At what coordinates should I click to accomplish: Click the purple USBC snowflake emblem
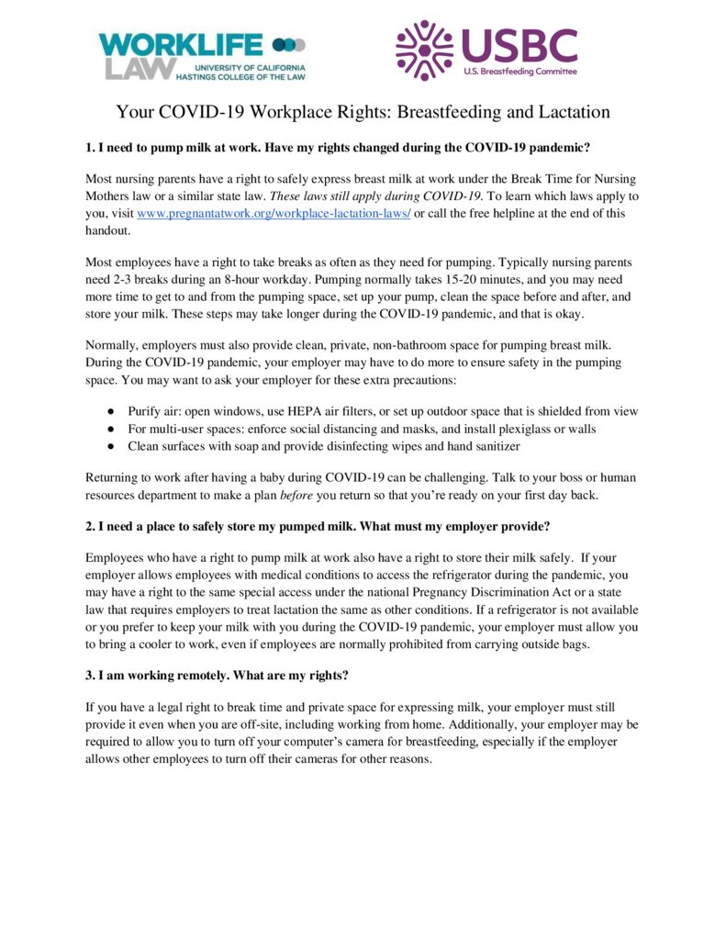point(424,50)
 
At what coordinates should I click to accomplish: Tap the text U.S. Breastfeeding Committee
point(519,72)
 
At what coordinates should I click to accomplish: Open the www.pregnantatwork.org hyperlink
point(274,213)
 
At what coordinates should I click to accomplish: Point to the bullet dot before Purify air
point(109,411)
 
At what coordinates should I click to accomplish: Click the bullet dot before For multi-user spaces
point(109,429)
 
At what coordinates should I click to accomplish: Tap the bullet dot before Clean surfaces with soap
point(109,446)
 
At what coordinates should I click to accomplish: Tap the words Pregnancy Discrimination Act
point(470,592)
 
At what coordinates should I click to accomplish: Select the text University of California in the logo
point(249,67)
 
